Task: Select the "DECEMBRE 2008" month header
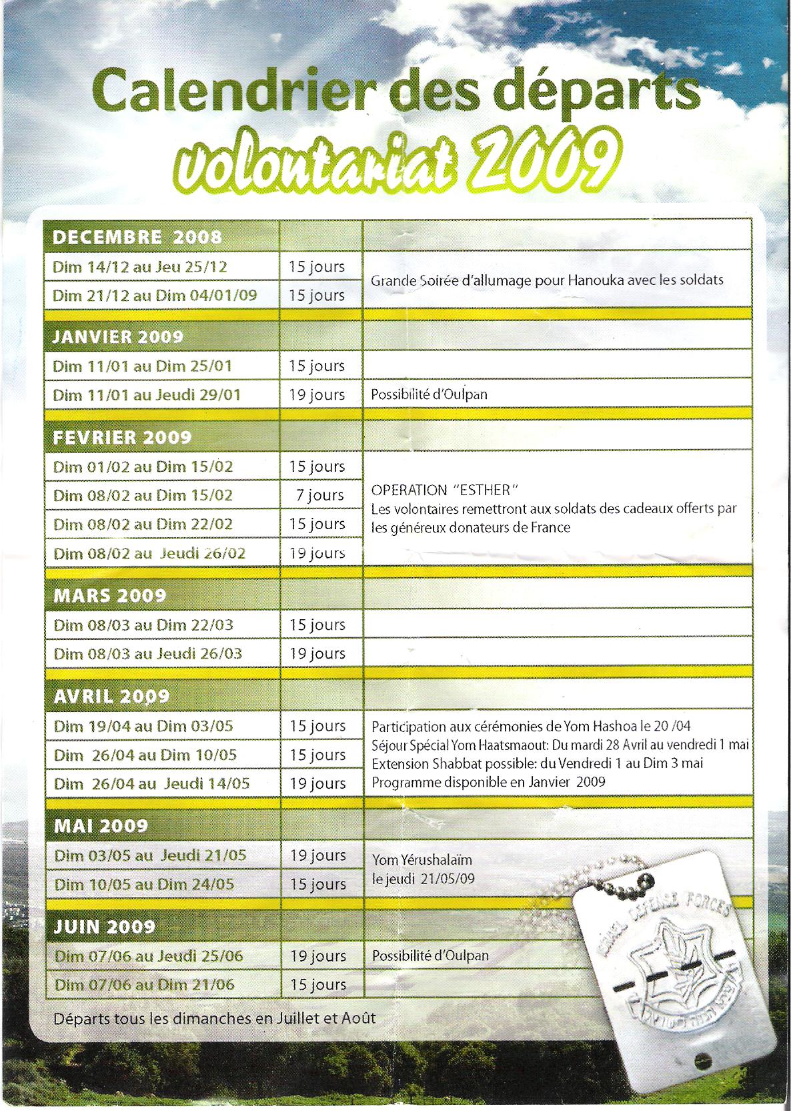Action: coord(137,238)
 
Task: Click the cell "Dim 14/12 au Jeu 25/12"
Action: coord(140,267)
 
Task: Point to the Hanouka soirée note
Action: coord(547,280)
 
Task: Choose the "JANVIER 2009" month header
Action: coord(117,337)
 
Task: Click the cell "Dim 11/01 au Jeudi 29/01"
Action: coord(147,395)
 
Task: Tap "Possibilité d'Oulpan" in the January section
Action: coord(429,394)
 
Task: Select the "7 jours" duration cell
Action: coord(320,495)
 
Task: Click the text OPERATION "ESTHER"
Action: coord(445,490)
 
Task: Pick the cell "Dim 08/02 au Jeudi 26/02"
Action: coord(149,553)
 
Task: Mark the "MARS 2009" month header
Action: coord(109,595)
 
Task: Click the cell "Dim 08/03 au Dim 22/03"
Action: coord(143,625)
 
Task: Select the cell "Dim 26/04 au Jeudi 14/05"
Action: coord(152,783)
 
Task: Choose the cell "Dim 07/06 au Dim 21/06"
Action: coord(145,985)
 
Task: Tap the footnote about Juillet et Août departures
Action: coord(214,1019)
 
